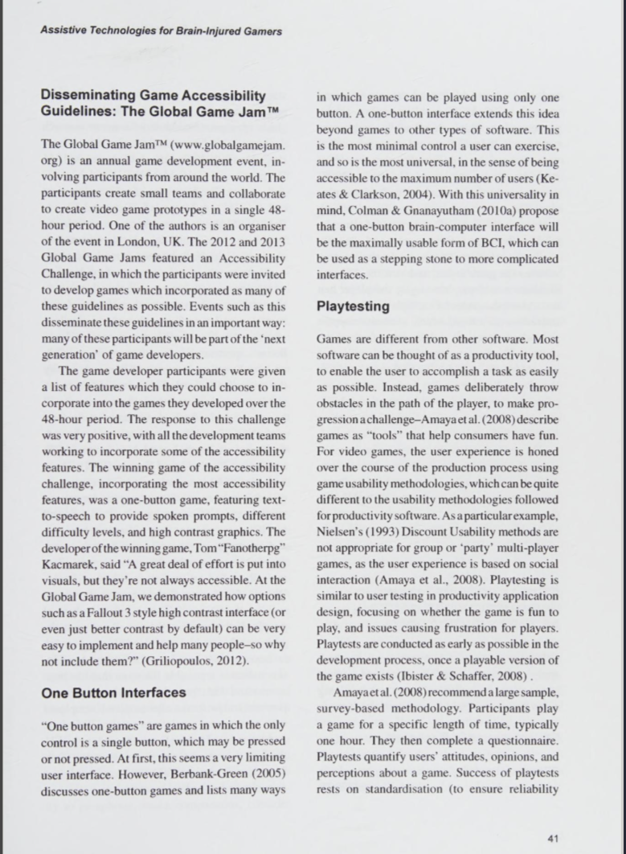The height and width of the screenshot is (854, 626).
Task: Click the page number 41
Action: pos(551,838)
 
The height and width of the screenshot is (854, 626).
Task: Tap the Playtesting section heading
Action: pos(353,306)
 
